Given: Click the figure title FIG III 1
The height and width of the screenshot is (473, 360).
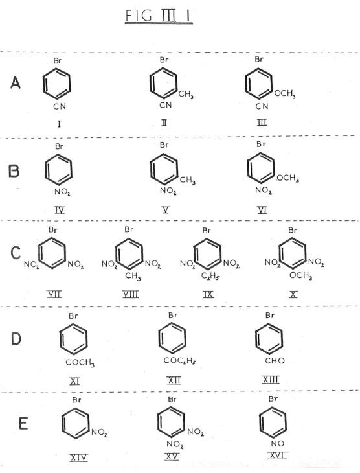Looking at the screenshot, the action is pos(159,16).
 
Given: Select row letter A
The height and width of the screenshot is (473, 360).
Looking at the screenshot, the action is pos(16,82).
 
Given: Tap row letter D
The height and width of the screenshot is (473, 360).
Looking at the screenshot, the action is pos(16,338).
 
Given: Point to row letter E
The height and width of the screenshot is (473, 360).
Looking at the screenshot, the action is pos(23,423).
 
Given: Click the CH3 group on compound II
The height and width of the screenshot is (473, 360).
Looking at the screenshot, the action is pos(186,95).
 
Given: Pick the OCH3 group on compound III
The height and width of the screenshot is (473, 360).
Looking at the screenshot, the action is pos(285,94).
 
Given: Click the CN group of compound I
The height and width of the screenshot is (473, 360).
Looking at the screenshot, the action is pos(60,106).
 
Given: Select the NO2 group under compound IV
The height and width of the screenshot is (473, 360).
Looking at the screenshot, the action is pos(62,192).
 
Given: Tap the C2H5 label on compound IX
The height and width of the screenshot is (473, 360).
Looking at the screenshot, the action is pos(210,276).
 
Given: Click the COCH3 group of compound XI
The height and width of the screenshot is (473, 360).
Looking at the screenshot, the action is pos(80,362).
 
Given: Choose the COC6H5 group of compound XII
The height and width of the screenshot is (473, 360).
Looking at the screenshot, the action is pos(180,360).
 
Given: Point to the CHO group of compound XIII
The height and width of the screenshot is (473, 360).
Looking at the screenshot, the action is pos(275,360).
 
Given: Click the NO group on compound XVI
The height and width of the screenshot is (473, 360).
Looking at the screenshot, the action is pos(277,443).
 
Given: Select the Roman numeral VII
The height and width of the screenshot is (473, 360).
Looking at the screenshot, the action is pos(54,294).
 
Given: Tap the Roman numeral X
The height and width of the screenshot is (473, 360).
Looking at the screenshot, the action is pos(293,294).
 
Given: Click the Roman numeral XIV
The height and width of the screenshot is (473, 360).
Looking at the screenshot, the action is pos(78,457).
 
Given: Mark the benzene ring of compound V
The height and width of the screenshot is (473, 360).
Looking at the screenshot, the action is pos(164,169).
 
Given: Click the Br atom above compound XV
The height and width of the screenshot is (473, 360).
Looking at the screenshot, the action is pos(172,399).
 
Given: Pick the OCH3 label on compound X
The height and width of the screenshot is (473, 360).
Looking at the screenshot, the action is pos(300,275).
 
